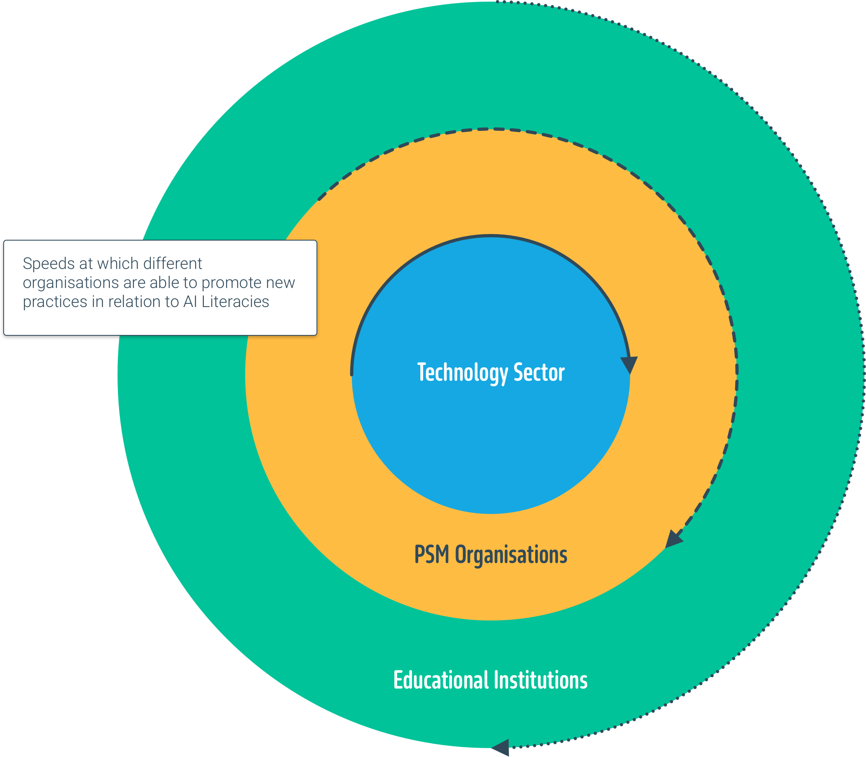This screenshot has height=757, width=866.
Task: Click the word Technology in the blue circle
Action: [462, 373]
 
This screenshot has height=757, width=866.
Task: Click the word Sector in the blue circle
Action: [539, 372]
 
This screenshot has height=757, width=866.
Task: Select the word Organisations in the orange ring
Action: [511, 554]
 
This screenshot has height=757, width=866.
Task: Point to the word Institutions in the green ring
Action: [541, 680]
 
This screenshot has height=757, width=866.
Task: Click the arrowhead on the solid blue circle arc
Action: [629, 364]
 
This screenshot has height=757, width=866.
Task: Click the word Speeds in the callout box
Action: [43, 264]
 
